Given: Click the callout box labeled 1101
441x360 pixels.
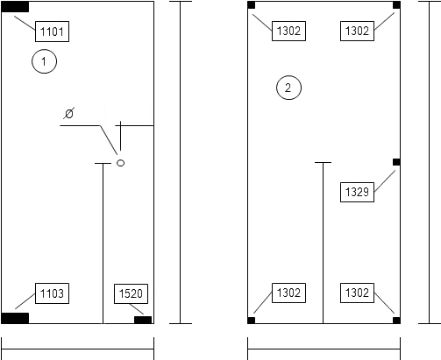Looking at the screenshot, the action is point(52,32).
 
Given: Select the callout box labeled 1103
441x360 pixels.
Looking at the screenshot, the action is point(52,293).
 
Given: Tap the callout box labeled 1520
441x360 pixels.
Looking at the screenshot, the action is point(131,293).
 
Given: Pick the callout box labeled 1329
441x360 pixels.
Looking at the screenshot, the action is point(357,192).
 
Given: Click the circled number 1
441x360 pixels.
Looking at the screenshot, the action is point(44,61).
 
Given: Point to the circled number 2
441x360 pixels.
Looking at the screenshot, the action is point(288,88).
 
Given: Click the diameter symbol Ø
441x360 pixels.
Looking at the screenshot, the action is point(69,113).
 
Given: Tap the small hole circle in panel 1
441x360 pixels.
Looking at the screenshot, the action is point(120,163).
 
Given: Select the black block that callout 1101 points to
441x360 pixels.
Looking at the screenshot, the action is point(15,7).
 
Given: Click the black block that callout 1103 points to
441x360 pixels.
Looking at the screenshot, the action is point(15,318).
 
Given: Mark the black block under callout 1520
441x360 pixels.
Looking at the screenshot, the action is point(143,320).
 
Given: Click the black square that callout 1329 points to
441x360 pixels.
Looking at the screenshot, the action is point(396,162).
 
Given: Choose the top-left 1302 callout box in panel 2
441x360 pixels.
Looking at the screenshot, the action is point(288,31).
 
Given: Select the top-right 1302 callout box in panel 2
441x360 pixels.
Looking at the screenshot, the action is point(357,31).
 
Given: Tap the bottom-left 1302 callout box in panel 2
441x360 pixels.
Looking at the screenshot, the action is point(288,293).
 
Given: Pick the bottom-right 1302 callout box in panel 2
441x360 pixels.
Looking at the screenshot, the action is point(357,293).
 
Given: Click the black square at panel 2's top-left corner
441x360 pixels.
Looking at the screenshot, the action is point(252,5).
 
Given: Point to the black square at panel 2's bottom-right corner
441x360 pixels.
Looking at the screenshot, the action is point(396,321).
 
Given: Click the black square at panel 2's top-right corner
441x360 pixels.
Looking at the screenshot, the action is point(396,5).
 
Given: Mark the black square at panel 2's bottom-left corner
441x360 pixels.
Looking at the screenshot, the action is point(252,321).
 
